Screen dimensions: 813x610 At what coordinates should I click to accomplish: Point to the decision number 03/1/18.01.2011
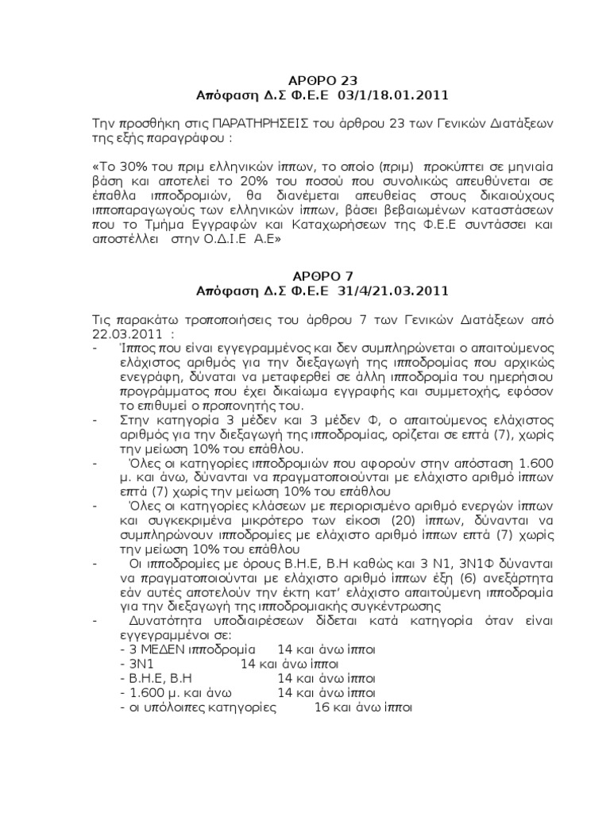(382, 95)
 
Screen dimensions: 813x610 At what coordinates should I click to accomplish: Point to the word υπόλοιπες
(171, 706)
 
